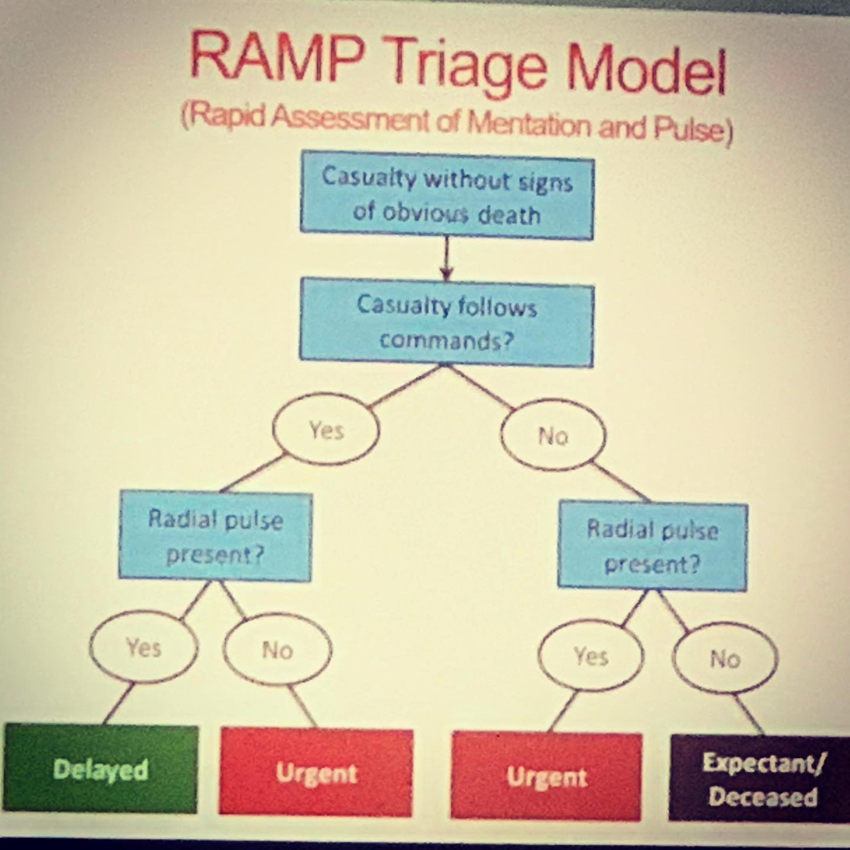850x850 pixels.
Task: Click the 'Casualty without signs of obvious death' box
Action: [x=447, y=195]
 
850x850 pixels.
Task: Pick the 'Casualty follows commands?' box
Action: [x=446, y=325]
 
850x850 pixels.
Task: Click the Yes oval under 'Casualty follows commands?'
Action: [x=326, y=429]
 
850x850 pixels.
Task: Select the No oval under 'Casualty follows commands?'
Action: [x=553, y=436]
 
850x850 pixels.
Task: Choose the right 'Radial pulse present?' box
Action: [x=652, y=546]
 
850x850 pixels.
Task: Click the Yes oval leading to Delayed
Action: [x=143, y=647]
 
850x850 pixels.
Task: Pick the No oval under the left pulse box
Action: [x=277, y=650]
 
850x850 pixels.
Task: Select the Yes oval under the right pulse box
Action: [x=591, y=655]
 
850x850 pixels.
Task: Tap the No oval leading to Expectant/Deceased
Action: [x=725, y=659]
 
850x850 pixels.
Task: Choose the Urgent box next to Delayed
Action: [x=316, y=772]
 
